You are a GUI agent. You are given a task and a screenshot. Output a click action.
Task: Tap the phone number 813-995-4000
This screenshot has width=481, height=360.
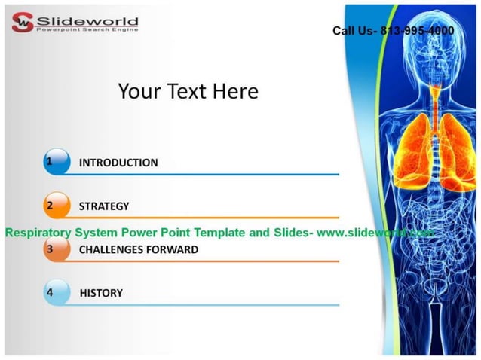tap(415, 31)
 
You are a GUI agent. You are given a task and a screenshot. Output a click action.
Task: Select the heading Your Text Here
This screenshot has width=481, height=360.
tap(188, 92)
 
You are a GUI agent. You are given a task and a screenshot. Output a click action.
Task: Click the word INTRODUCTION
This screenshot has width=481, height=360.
tap(118, 163)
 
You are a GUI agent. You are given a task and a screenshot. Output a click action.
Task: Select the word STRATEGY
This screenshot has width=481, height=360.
tap(104, 206)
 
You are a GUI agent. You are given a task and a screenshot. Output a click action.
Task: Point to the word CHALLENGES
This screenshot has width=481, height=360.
tap(114, 249)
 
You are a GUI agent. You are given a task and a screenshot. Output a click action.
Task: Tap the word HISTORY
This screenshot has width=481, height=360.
tap(101, 293)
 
